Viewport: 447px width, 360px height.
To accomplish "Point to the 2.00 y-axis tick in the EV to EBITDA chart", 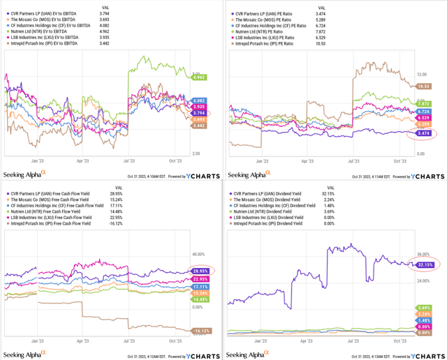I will [x=197, y=153].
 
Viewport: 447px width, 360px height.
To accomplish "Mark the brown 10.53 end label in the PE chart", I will [x=422, y=86].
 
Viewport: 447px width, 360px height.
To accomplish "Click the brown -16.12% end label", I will [x=200, y=331].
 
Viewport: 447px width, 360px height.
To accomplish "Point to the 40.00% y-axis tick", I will [x=198, y=255].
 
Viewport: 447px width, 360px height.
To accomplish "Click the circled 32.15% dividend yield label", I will [x=424, y=264].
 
